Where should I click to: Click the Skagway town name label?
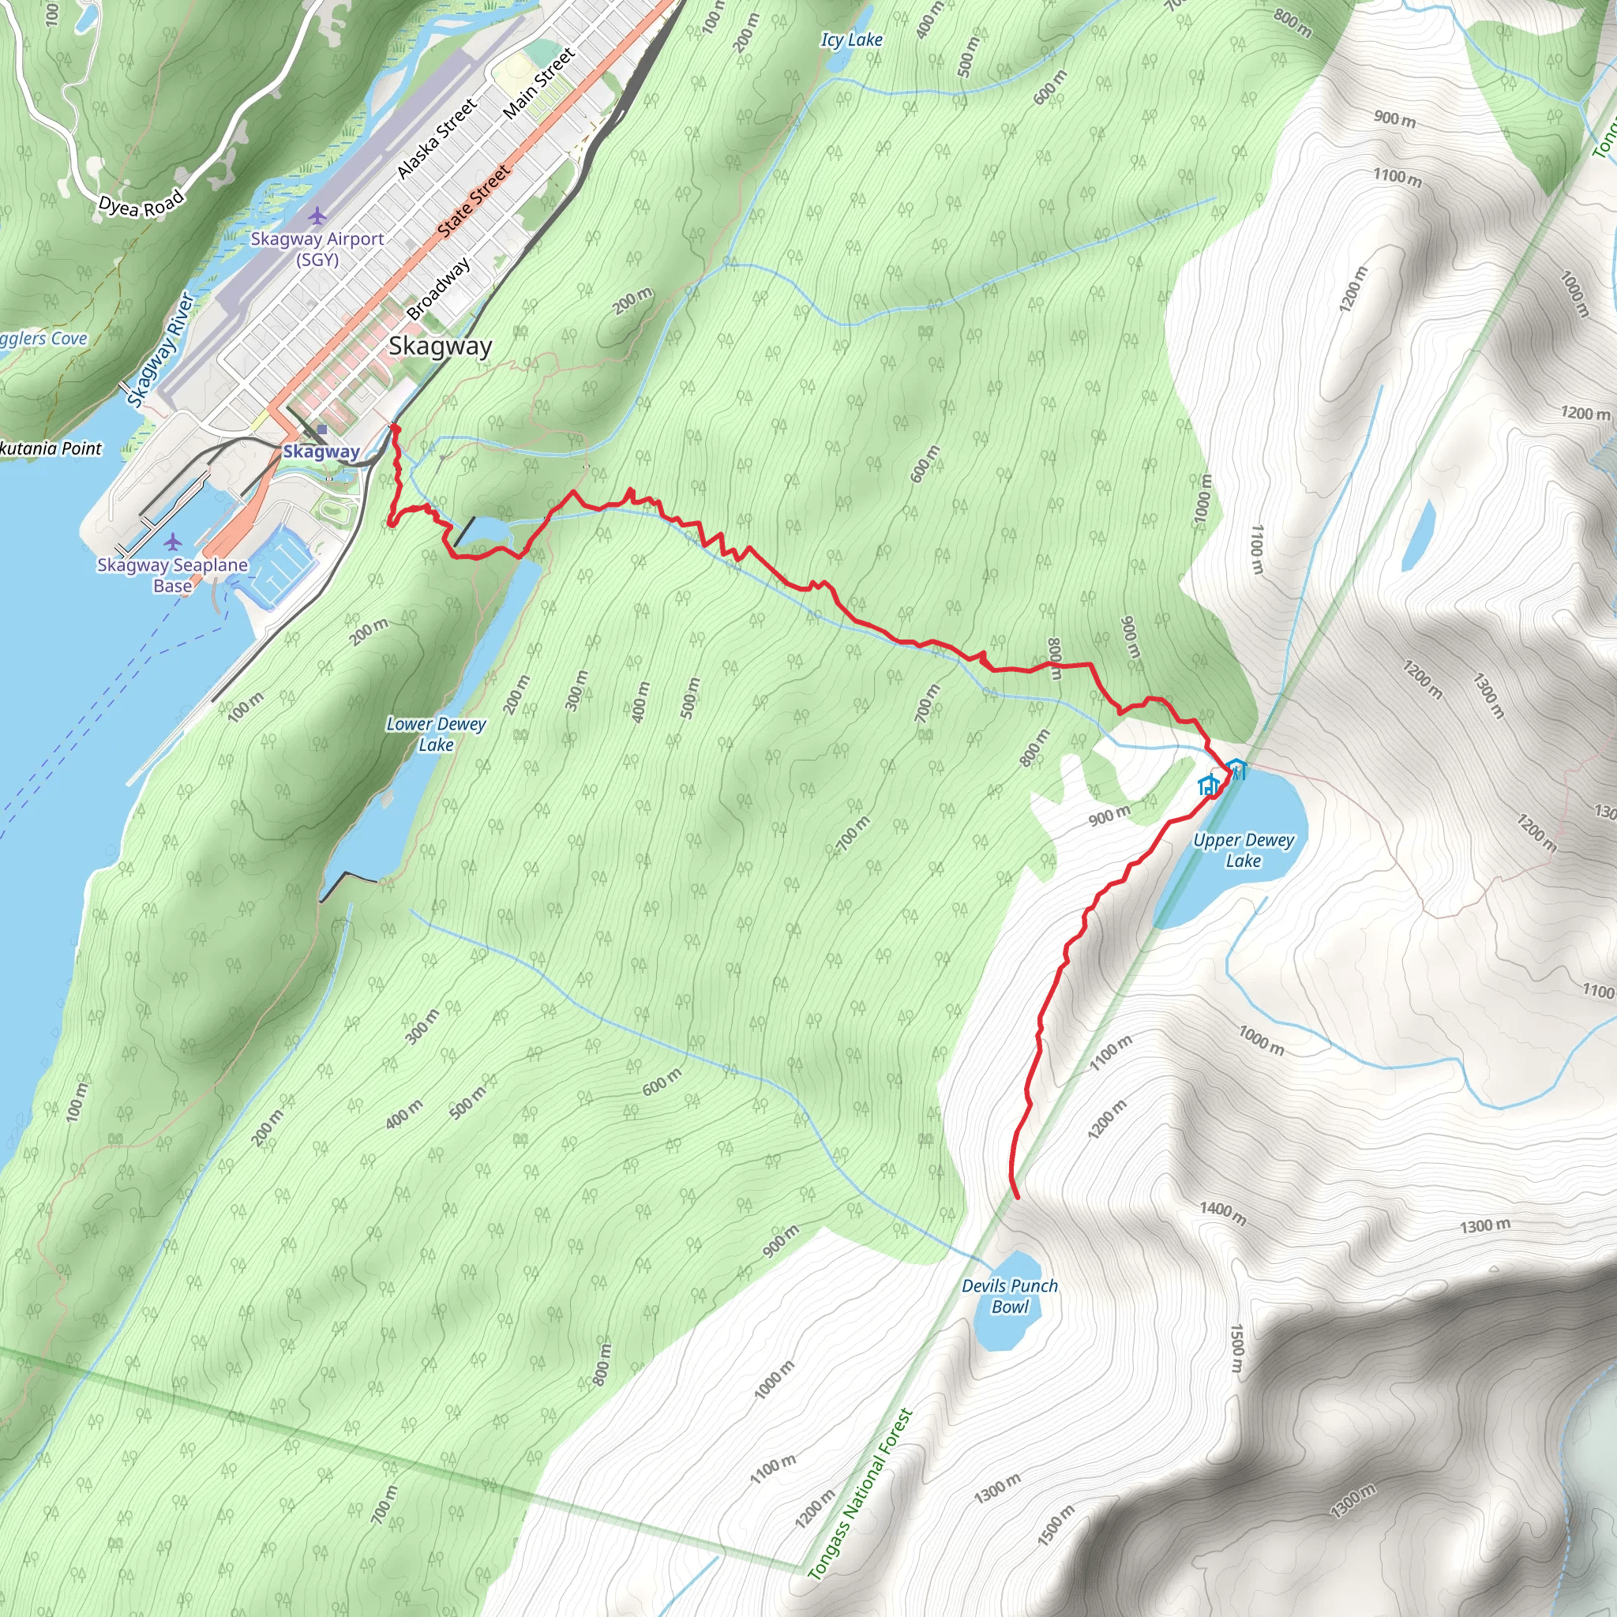click(441, 347)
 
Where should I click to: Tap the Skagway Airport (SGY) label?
click(317, 249)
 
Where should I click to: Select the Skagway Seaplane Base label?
click(172, 575)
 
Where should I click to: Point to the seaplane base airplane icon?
click(172, 542)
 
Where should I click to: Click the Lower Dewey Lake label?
click(436, 734)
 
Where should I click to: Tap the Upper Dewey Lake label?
click(1243, 850)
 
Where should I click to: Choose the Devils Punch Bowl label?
click(1009, 1296)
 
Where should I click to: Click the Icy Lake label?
click(851, 39)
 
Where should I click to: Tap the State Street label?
click(474, 200)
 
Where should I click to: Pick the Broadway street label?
click(438, 290)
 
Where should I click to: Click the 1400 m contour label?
click(1223, 1213)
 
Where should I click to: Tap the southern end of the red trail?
click(1017, 1198)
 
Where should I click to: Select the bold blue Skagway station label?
click(321, 452)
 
